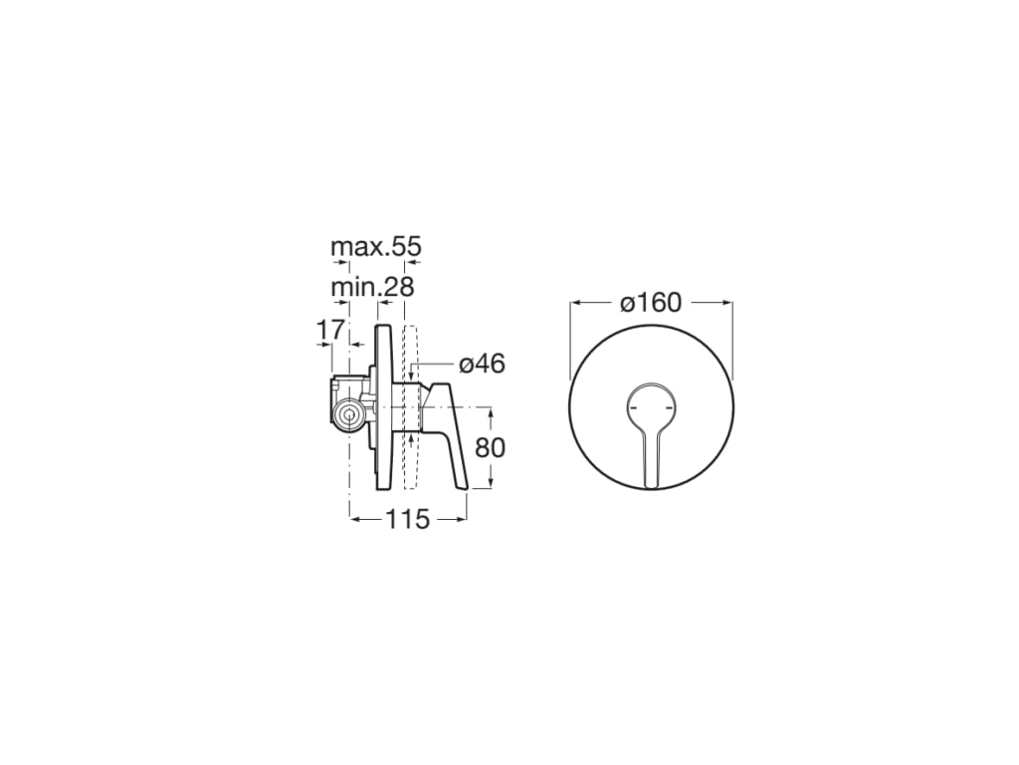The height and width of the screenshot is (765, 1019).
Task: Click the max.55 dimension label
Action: (x=376, y=246)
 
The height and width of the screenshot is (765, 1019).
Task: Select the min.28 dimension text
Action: (x=371, y=288)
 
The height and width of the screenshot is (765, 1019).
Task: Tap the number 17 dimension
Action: (x=330, y=328)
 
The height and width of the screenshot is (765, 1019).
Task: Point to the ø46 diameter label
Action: (x=482, y=364)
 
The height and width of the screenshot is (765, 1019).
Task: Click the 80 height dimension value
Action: (x=490, y=447)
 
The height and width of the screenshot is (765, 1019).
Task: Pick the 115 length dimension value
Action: (x=408, y=518)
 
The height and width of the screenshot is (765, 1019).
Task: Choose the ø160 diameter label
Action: (x=652, y=302)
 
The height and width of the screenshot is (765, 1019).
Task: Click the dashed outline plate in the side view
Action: (x=411, y=408)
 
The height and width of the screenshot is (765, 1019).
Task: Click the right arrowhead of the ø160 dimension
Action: (x=727, y=302)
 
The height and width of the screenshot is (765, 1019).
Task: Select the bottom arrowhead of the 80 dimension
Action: (x=491, y=484)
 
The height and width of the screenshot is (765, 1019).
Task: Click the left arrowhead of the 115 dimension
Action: (x=354, y=518)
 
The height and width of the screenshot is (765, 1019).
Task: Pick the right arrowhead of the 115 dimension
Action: (x=461, y=518)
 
